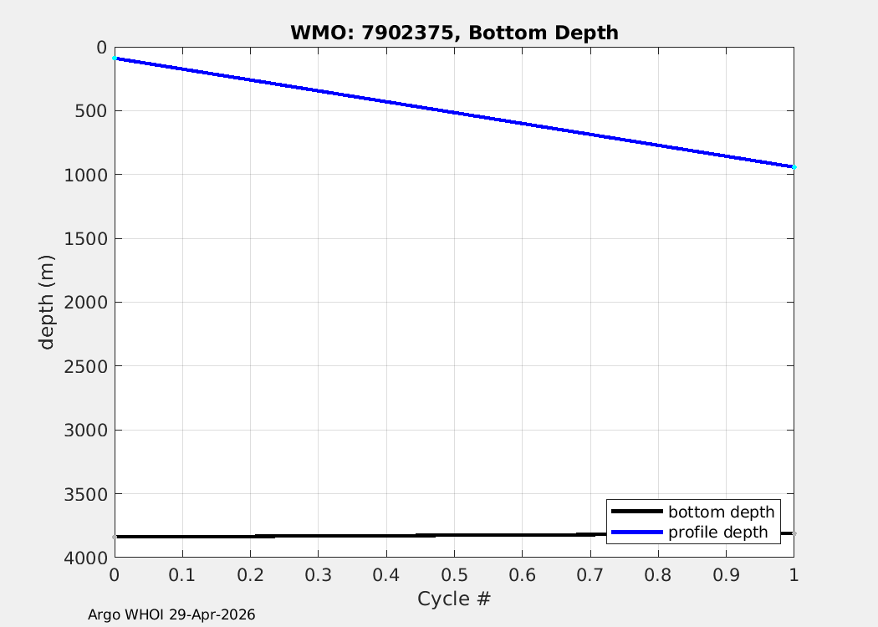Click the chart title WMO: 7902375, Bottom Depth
pos(454,33)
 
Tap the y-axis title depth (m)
pos(48,302)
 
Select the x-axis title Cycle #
pos(454,599)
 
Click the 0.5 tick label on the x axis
pos(454,575)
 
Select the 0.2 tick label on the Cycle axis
pos(250,575)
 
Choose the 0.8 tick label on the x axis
pos(658,575)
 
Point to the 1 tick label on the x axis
pos(794,575)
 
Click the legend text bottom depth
pos(721,512)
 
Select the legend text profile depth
pos(717,532)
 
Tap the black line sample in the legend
pos(636,512)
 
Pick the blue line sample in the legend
pos(636,532)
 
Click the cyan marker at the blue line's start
pos(115,59)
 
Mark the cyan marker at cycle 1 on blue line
pos(794,167)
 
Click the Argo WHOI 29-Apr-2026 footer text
pos(171,614)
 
